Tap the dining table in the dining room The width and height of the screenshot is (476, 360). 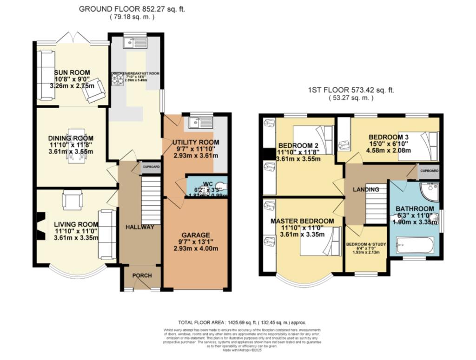click(x=75, y=145)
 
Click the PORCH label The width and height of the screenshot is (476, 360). click(x=142, y=275)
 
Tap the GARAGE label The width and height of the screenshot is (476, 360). click(x=196, y=235)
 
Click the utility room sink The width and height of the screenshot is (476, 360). click(x=200, y=123)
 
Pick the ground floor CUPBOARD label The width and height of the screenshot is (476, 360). click(x=151, y=167)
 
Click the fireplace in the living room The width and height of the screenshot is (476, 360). click(x=41, y=226)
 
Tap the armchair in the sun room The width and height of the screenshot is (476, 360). click(x=94, y=91)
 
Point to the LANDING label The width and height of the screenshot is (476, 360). click(x=365, y=189)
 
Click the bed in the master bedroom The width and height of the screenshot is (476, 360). click(x=320, y=242)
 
